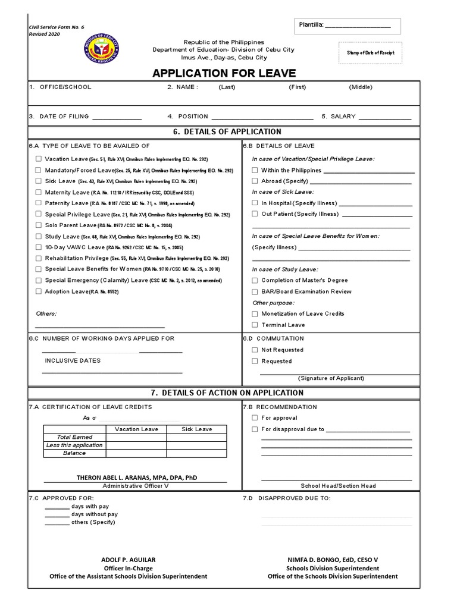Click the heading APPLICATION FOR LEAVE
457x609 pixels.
[224, 73]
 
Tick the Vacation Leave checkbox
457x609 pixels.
[39, 159]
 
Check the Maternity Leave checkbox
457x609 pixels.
[39, 192]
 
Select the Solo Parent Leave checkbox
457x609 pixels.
[39, 225]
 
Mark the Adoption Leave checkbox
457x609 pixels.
[39, 291]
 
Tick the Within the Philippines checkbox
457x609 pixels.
[255, 170]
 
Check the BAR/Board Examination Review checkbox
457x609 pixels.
[255, 291]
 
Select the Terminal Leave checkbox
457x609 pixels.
[255, 325]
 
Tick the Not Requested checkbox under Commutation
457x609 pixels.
[255, 350]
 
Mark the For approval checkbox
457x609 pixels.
[255, 417]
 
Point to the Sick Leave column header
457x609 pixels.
[196, 429]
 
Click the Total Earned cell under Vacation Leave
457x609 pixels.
[136, 437]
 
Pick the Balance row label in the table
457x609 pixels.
[74, 453]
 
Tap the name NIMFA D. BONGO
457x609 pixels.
[332, 560]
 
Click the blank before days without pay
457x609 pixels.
[57, 514]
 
